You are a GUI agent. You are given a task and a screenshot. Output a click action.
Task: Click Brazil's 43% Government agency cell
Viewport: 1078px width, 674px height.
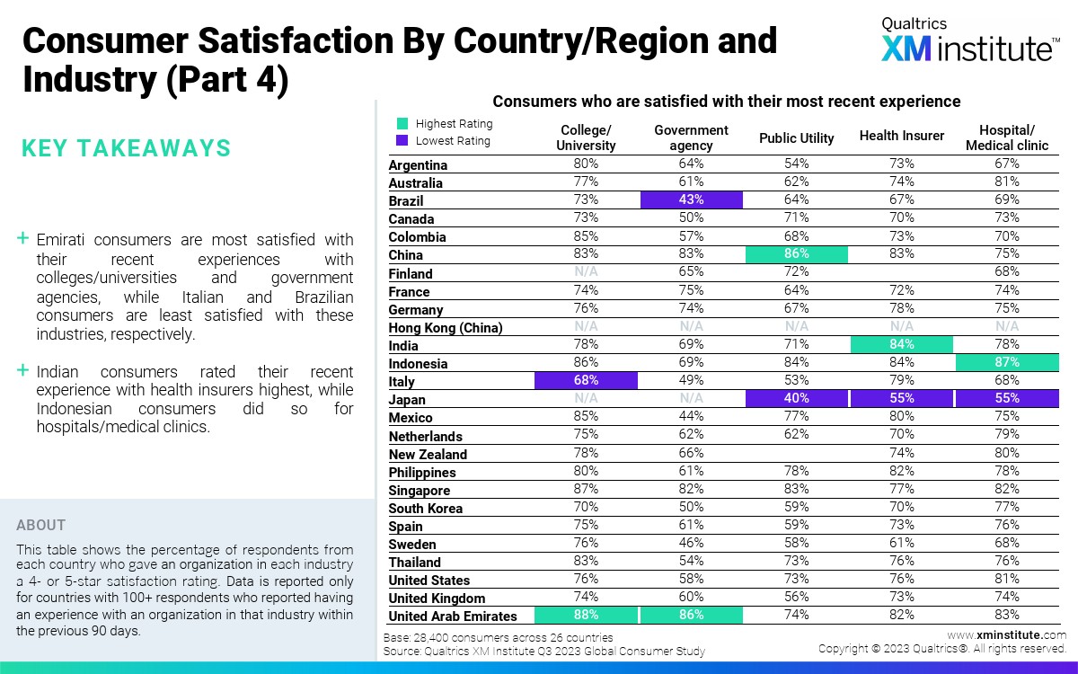[x=691, y=200]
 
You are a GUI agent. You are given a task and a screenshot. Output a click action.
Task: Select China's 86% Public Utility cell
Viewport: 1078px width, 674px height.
[x=796, y=254]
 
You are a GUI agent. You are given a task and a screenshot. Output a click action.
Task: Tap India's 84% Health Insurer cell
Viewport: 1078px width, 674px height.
[x=902, y=345]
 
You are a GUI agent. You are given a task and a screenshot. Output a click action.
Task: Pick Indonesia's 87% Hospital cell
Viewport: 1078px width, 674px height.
[x=1007, y=363]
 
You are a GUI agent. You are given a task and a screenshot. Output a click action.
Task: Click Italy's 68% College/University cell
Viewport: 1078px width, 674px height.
[x=586, y=381]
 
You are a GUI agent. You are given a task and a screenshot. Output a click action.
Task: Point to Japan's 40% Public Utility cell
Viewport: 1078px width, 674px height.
[x=796, y=399]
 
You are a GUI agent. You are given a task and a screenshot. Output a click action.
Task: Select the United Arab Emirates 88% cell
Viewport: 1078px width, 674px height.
[x=586, y=616]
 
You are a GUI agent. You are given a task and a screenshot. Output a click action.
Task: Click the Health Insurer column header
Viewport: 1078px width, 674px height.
[x=902, y=136]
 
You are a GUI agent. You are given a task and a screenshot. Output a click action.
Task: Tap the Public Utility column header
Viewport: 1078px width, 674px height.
[x=796, y=138]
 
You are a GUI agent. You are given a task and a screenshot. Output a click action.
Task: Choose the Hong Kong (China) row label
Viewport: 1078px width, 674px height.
[x=446, y=328]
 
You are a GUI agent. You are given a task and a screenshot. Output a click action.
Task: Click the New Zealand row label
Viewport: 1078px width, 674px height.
[x=428, y=455]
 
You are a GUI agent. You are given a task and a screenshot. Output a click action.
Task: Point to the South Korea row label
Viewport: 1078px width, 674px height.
[x=426, y=509]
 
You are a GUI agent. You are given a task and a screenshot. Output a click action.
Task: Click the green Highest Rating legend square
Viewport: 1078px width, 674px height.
[x=403, y=124]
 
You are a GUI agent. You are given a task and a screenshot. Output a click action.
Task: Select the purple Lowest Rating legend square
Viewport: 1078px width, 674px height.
[x=403, y=140]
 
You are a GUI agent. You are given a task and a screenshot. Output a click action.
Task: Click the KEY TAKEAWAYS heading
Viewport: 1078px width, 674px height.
[x=126, y=148]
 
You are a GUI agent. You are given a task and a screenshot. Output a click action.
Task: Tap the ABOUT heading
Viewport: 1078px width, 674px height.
[x=41, y=525]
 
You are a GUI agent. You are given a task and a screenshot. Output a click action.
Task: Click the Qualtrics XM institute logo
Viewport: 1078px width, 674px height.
[x=968, y=41]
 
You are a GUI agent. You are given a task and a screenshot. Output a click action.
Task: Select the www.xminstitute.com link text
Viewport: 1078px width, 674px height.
[x=1006, y=635]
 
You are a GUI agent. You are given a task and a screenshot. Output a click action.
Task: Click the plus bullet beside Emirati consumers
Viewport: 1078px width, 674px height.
[x=23, y=239]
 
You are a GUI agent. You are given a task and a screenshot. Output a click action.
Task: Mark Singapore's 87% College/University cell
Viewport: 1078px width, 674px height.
[x=586, y=490]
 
